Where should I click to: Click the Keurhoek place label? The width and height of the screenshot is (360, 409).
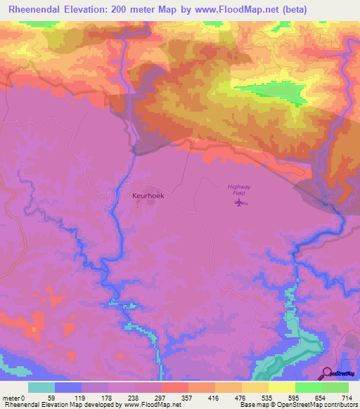148,196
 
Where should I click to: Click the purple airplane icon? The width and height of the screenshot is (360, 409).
240,204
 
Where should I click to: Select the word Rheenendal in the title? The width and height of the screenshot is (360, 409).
36,10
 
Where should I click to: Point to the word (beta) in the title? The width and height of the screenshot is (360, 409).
292,10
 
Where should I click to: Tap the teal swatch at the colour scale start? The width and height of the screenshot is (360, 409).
41,387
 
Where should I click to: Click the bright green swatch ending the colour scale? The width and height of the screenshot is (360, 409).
335,387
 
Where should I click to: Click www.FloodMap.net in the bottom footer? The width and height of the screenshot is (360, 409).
151,405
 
